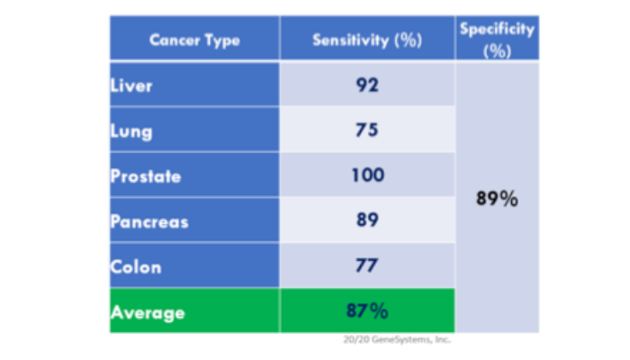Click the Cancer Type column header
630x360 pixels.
pos(195,40)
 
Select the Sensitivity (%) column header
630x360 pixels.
pos(367,40)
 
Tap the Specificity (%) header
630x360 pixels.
pos(497,40)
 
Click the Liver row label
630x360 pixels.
pos(131,85)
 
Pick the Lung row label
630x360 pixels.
pos(131,131)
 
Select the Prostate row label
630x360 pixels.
pos(146,176)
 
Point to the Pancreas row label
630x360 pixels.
pos(149,221)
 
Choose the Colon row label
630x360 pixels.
pos(136,267)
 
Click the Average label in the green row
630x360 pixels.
pos(148,313)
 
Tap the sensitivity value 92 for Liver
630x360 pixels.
pos(367,85)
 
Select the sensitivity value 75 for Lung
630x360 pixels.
pos(367,130)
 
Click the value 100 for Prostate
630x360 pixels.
pos(367,175)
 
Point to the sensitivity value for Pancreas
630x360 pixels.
pos(367,220)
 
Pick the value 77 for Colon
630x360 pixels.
pos(366,265)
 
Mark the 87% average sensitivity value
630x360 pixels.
pos(367,311)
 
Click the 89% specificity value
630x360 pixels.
pos(497,199)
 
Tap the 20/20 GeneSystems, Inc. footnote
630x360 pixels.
pos(397,339)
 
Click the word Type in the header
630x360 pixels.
pos(222,41)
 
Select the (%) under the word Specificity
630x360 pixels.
pos(497,51)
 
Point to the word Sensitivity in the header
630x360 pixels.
pos(351,40)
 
